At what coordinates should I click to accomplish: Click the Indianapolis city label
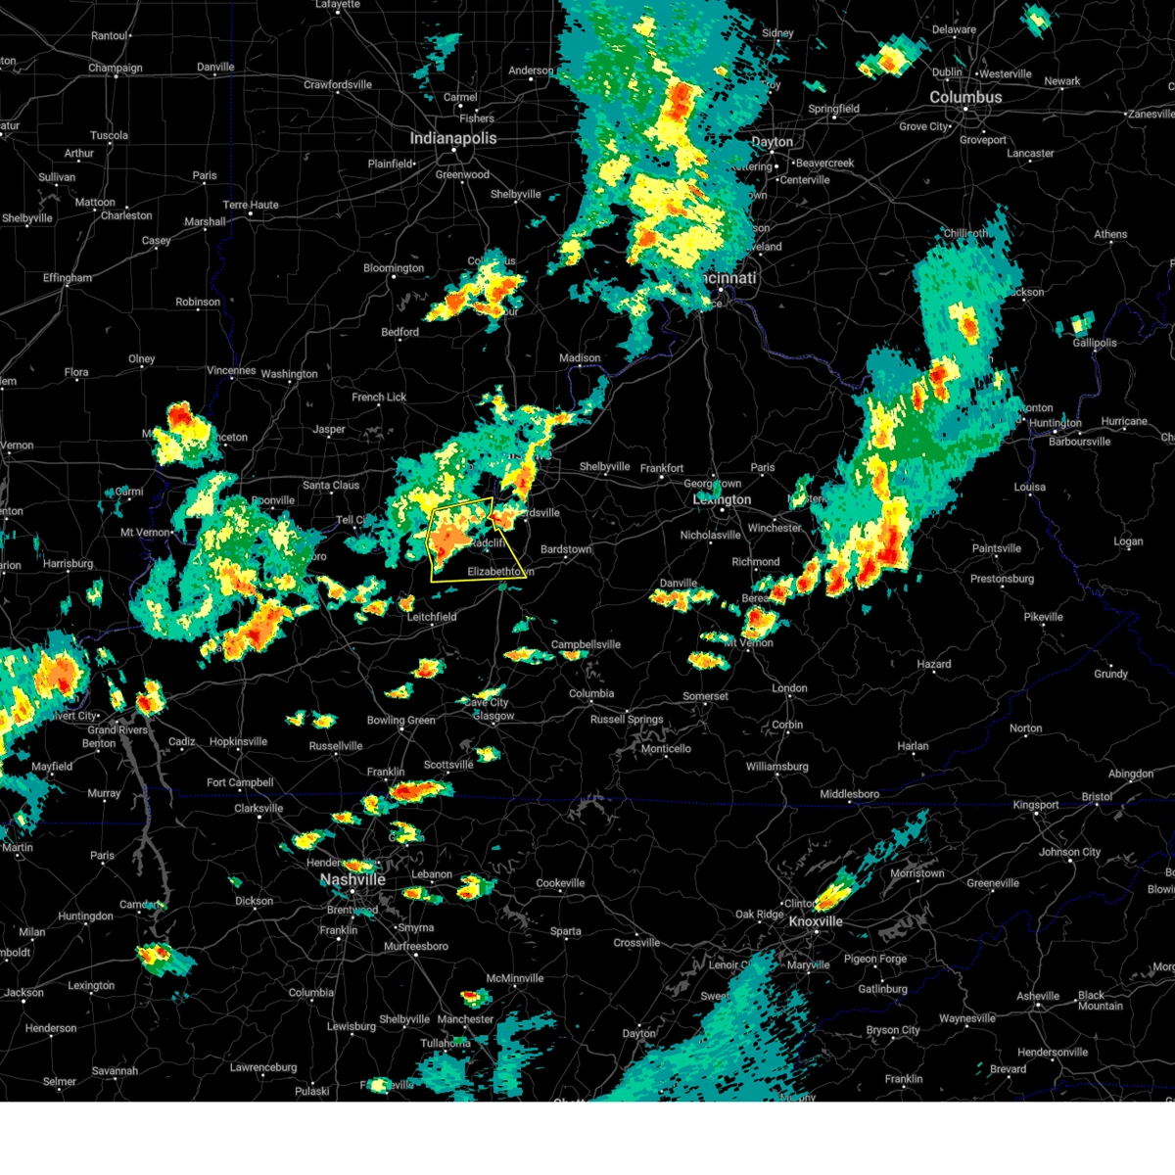coord(452,139)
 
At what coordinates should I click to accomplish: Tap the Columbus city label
coord(965,98)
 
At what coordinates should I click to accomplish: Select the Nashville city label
coord(353,880)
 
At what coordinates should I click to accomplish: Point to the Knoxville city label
coord(816,922)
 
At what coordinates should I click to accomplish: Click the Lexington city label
coord(722,500)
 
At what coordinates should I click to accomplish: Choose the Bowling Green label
coord(400,721)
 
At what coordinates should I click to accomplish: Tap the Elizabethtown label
coord(500,571)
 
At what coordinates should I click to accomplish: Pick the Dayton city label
coord(772,142)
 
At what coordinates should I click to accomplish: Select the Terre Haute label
coord(251,206)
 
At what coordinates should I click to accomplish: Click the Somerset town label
coord(705,696)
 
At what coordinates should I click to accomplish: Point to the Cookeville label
coord(560,883)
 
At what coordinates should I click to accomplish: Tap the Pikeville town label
coord(1043,617)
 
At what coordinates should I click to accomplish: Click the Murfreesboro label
coord(416,947)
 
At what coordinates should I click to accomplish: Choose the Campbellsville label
coord(586,645)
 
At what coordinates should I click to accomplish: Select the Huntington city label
coord(1056,423)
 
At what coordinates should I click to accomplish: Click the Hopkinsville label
coord(238,742)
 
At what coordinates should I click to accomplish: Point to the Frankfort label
coord(662,469)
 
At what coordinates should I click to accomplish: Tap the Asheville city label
coord(1038,997)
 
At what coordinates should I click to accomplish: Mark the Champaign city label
coord(116,69)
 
